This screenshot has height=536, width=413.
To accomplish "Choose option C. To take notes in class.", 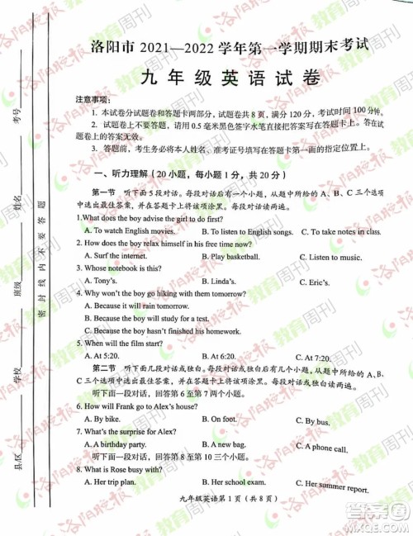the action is tap(339, 232).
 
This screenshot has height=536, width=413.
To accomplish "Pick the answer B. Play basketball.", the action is tap(240, 257).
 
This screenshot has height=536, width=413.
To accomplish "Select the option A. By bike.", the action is tap(104, 420).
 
